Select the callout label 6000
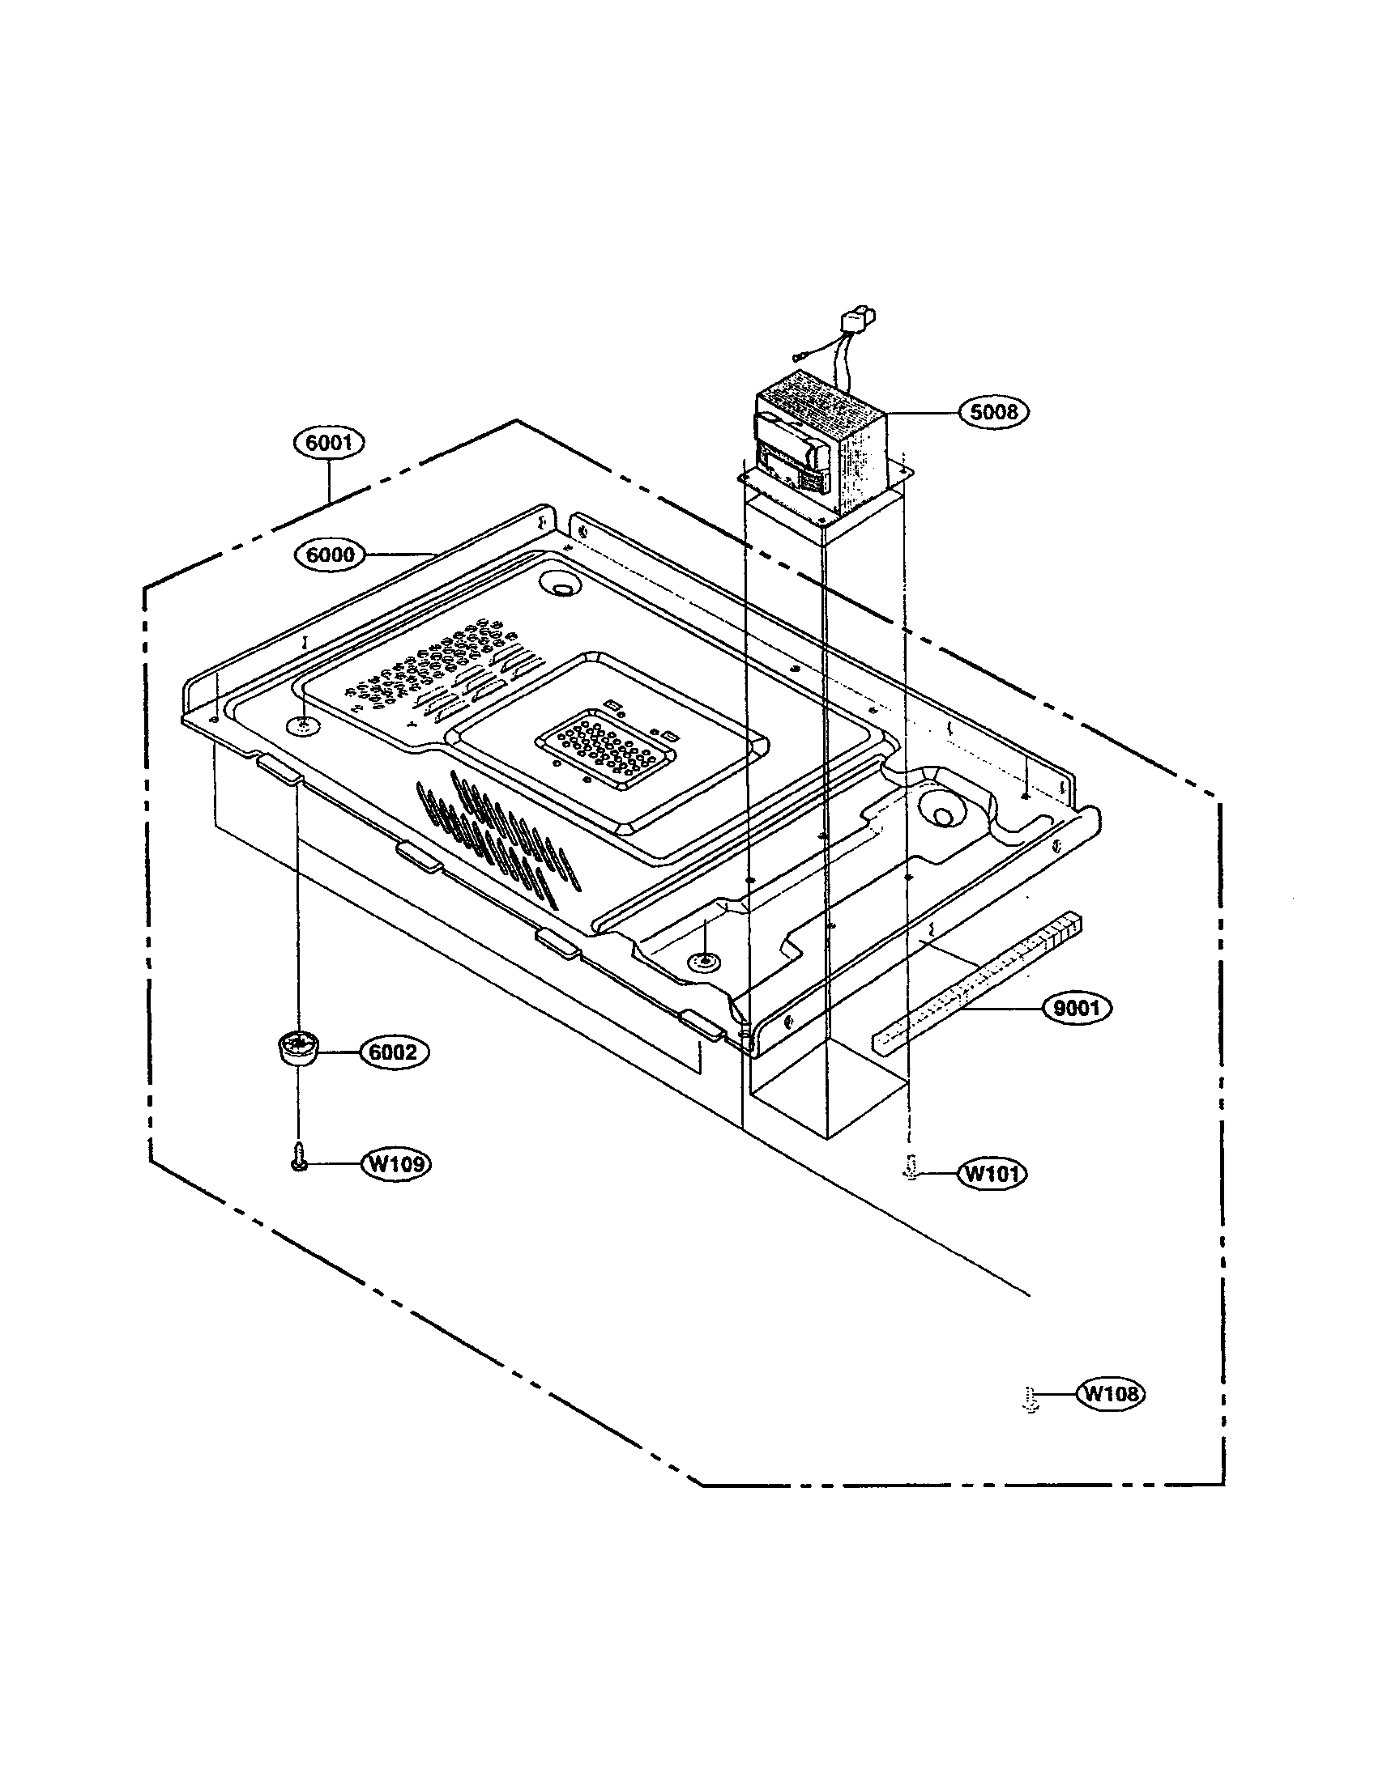(329, 555)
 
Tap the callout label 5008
(994, 412)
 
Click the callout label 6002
(393, 1052)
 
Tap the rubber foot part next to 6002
(299, 1048)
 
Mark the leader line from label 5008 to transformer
(922, 413)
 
